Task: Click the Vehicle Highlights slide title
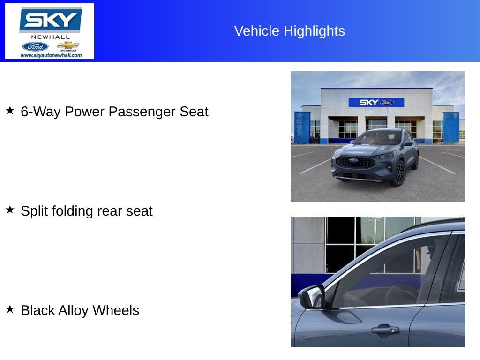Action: click(x=289, y=31)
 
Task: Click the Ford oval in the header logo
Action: click(x=35, y=46)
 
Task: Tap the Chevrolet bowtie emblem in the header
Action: click(x=68, y=45)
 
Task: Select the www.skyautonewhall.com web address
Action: click(x=51, y=55)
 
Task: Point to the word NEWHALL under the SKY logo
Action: click(x=50, y=37)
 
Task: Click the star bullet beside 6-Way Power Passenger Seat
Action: click(x=10, y=111)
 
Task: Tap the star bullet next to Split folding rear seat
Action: click(x=10, y=210)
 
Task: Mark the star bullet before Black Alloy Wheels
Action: click(x=10, y=309)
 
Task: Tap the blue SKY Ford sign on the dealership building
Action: click(x=376, y=102)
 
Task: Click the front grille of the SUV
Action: click(x=354, y=162)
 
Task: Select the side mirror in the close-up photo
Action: click(x=312, y=297)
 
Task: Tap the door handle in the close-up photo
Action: click(x=384, y=330)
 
